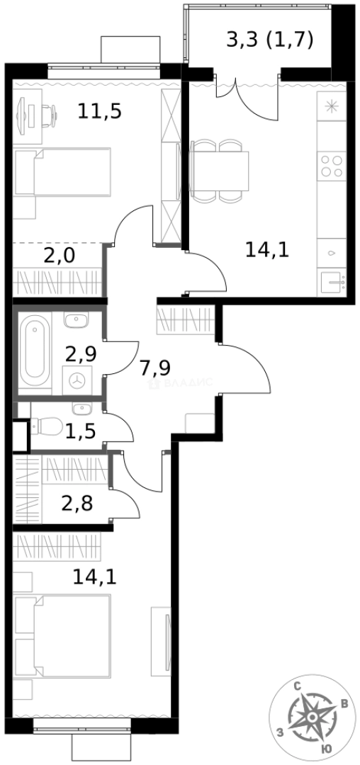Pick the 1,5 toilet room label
pos(81,430)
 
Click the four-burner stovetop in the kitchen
pos(332,166)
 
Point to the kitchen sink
pos(332,284)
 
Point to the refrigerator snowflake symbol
pos(332,108)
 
